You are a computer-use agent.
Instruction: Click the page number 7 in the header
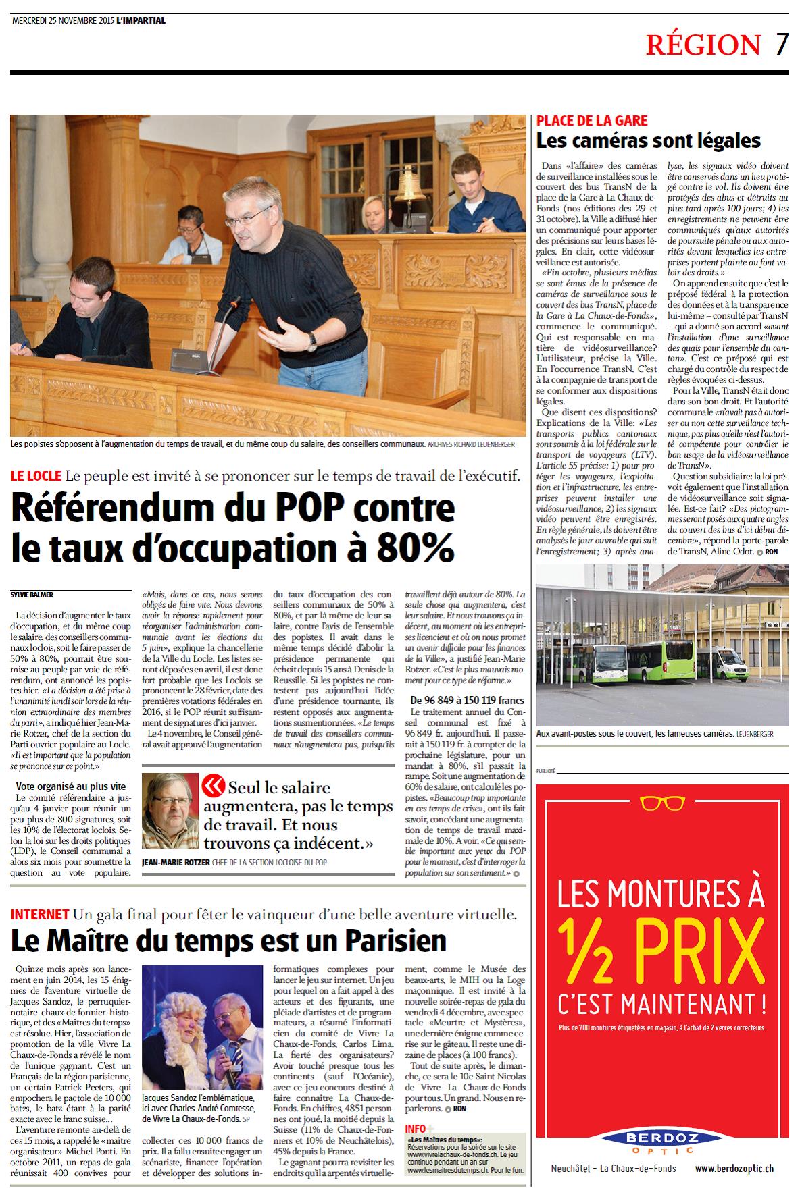click(781, 45)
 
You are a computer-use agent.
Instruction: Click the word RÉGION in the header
click(703, 45)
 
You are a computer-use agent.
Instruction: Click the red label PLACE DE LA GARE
click(592, 121)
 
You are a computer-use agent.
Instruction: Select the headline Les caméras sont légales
click(649, 141)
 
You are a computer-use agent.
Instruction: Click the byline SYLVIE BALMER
click(32, 595)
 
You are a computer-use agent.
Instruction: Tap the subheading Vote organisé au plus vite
click(71, 786)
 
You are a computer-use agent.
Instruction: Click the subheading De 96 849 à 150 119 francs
click(467, 700)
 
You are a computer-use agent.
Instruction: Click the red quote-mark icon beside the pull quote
click(214, 784)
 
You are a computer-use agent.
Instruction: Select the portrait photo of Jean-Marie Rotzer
click(171, 811)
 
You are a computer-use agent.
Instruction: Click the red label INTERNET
click(39, 914)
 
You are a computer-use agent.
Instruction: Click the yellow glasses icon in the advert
click(662, 803)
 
